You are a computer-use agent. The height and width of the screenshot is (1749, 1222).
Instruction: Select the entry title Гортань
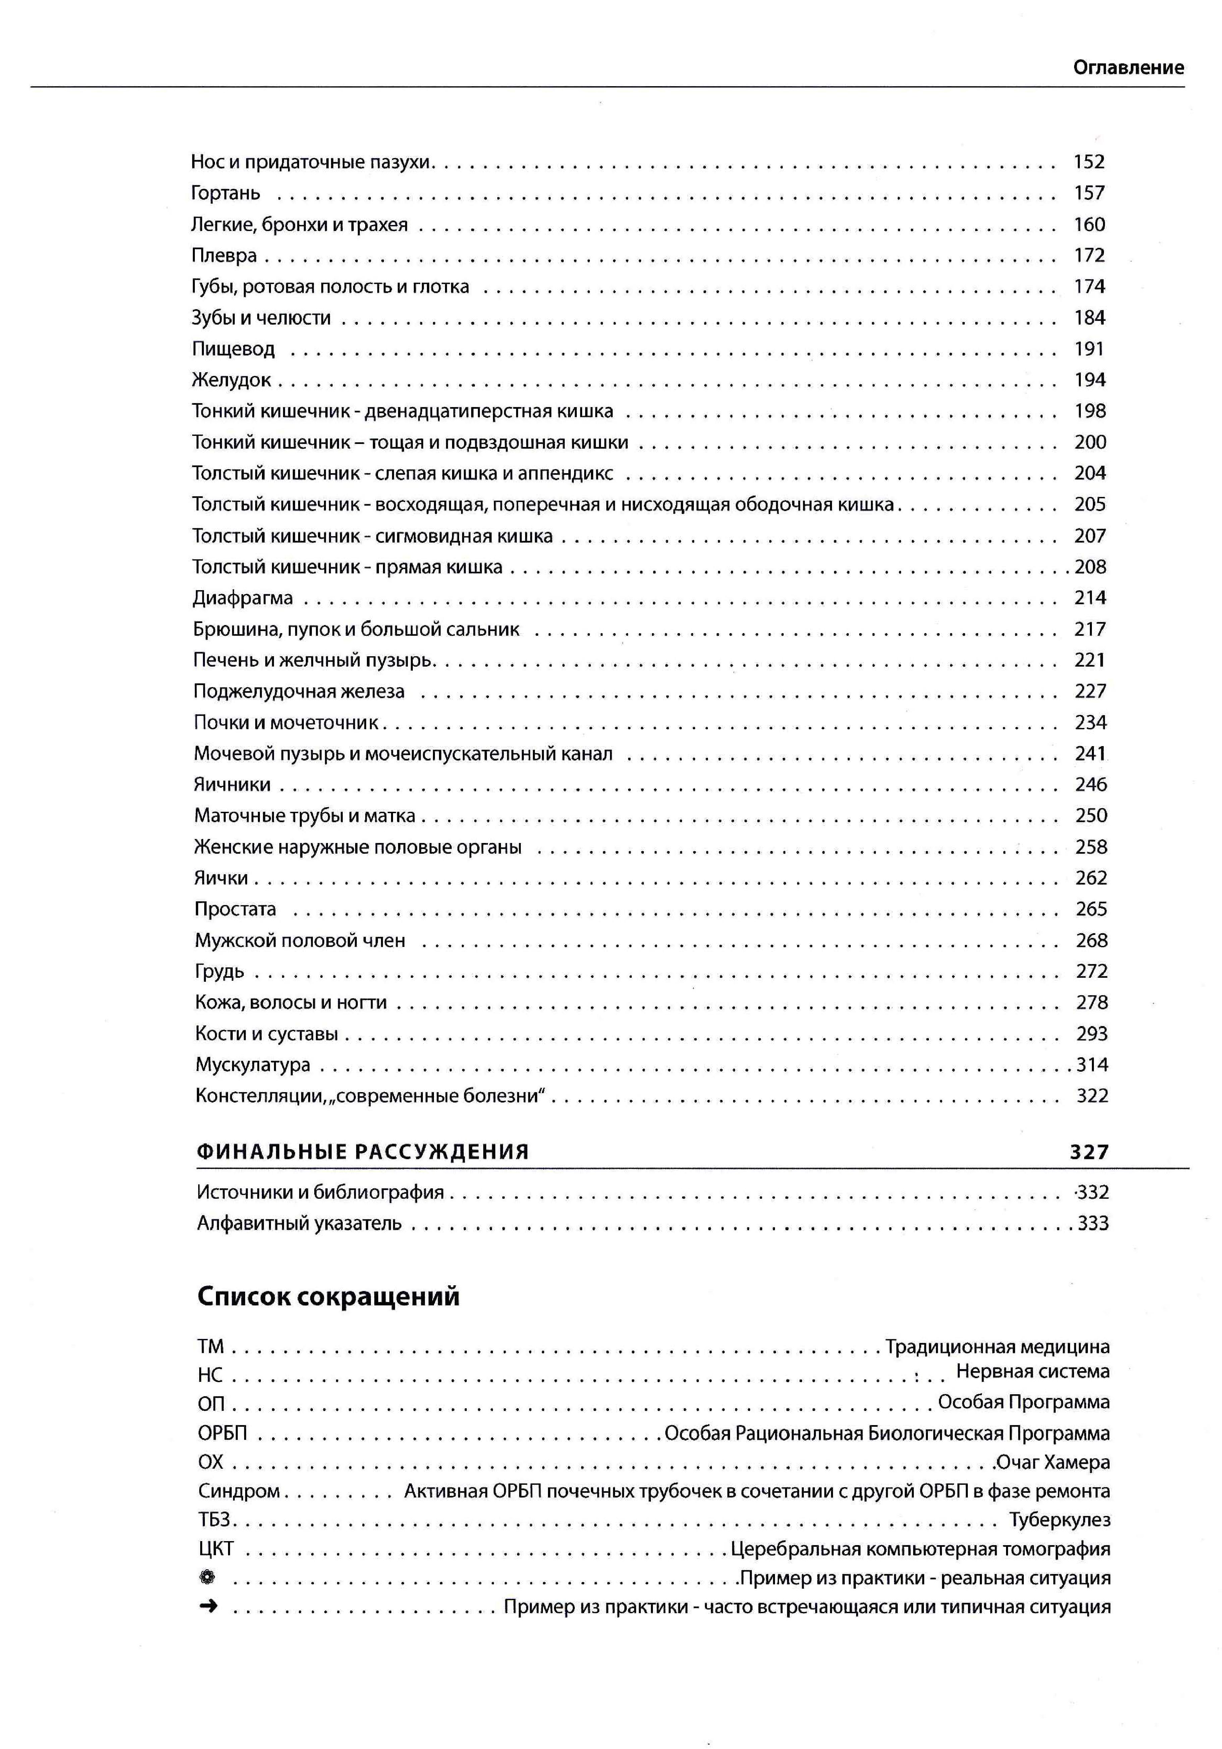225,193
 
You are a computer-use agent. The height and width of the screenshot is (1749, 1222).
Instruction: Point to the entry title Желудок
232,380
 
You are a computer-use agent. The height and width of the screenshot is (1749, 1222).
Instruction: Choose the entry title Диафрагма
242,598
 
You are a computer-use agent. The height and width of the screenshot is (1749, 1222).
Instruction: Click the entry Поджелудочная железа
299,692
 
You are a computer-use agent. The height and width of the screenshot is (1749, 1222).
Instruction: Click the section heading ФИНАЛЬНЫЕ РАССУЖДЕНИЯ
363,1152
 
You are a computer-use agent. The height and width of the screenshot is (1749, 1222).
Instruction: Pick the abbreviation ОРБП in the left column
222,1433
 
